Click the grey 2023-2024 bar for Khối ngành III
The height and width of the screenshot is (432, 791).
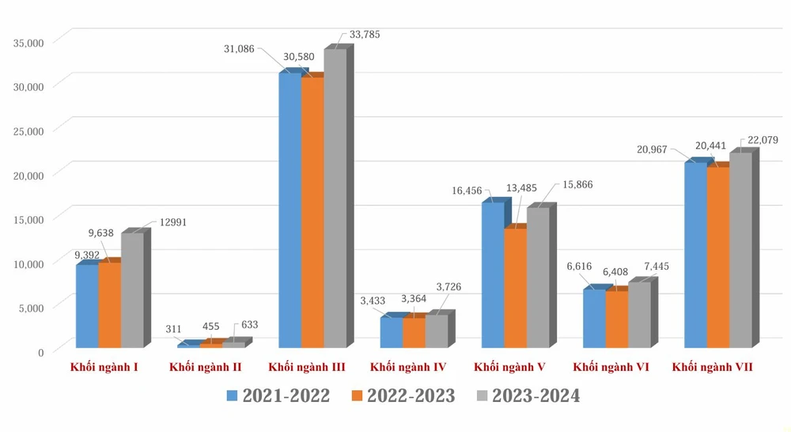click(x=335, y=198)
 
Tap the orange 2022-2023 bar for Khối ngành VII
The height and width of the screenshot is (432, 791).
click(x=717, y=256)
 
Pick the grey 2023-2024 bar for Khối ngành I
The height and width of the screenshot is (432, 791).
click(x=132, y=289)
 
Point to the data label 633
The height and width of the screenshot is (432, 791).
click(x=250, y=324)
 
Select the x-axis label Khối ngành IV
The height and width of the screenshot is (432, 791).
click(x=408, y=368)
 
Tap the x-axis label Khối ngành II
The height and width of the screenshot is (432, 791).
click(x=206, y=368)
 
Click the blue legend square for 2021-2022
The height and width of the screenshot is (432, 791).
click(x=232, y=396)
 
